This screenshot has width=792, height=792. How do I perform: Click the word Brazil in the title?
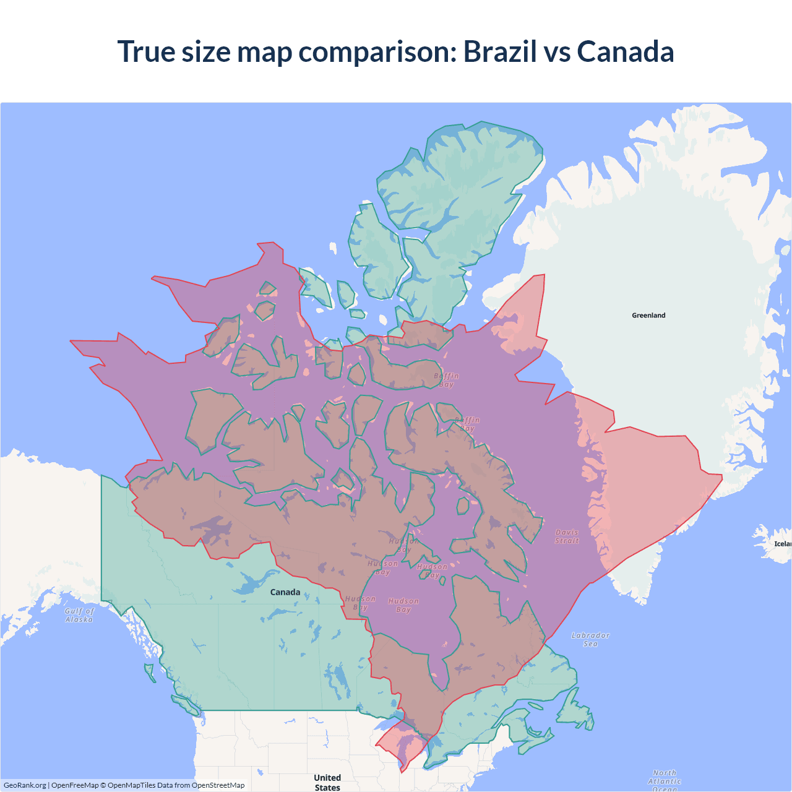(x=500, y=51)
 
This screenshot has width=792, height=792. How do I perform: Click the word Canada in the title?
(x=625, y=51)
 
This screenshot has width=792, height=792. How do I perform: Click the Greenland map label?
(x=648, y=316)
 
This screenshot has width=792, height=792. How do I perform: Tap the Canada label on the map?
(x=285, y=592)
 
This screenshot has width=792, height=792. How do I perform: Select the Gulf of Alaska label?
(x=79, y=615)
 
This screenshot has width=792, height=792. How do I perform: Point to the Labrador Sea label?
(x=590, y=639)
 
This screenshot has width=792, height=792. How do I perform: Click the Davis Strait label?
(x=567, y=536)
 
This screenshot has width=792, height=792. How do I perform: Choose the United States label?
(x=327, y=782)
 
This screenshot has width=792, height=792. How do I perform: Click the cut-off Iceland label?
(x=782, y=544)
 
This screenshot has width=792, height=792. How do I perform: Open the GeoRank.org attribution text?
(x=25, y=785)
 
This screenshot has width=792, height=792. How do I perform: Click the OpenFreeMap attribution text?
(x=75, y=785)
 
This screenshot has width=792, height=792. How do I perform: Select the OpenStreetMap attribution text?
(x=218, y=785)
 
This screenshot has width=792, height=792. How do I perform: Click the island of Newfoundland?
(x=575, y=712)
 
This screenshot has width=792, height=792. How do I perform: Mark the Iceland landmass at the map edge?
(x=770, y=536)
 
